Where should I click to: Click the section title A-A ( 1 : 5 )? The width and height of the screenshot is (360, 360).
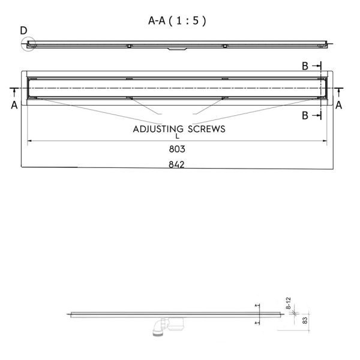coord(177,20)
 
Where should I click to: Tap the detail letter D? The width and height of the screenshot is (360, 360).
coord(23,31)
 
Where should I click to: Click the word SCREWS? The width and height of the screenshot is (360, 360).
coord(206,129)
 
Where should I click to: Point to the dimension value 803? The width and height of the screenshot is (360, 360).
coord(177,149)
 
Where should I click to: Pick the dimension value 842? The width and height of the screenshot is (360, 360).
coord(176,164)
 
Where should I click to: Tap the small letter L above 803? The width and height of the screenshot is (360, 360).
coord(177,136)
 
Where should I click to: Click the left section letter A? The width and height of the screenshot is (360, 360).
coord(14,106)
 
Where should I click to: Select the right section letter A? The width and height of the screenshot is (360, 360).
coord(338,106)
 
